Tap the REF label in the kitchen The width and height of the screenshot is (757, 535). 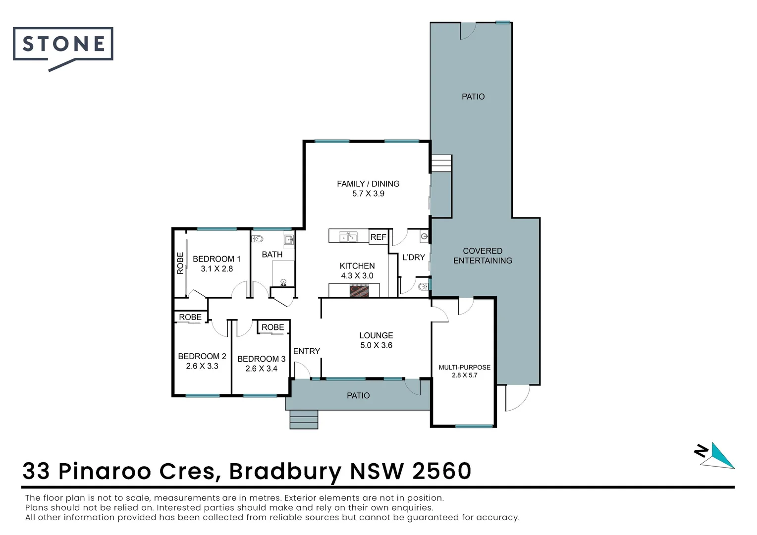pyautogui.click(x=378, y=237)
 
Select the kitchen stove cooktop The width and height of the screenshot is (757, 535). pyautogui.click(x=359, y=291)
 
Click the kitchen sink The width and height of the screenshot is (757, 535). pyautogui.click(x=348, y=236)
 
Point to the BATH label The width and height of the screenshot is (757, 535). pyautogui.click(x=272, y=254)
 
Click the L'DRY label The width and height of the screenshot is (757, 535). pyautogui.click(x=414, y=257)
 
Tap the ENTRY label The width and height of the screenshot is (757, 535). pyautogui.click(x=307, y=351)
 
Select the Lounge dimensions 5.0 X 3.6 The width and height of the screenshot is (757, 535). pyautogui.click(x=376, y=345)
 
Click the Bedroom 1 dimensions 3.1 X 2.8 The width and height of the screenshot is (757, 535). pyautogui.click(x=216, y=268)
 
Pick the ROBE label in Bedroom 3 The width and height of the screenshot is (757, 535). pyautogui.click(x=272, y=327)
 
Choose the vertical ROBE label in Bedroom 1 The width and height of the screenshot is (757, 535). pyautogui.click(x=180, y=263)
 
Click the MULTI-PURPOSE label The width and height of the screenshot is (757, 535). pyautogui.click(x=464, y=367)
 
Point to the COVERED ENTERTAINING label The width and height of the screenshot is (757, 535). pyautogui.click(x=483, y=256)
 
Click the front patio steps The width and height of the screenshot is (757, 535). pyautogui.click(x=304, y=420)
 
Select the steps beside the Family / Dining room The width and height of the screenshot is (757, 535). pyautogui.click(x=441, y=163)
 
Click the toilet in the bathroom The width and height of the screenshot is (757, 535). pyautogui.click(x=257, y=239)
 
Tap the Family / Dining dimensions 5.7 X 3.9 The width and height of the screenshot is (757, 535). pyautogui.click(x=368, y=194)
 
